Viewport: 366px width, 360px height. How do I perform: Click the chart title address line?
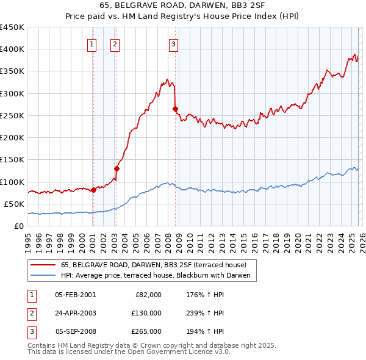pyautogui.click(x=183, y=5)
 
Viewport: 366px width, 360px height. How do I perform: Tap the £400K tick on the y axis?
pyautogui.click(x=12, y=49)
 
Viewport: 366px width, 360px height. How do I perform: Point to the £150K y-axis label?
pyautogui.click(x=12, y=160)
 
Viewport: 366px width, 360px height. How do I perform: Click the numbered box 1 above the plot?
pyautogui.click(x=91, y=43)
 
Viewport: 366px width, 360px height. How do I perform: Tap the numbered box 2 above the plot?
pyautogui.click(x=115, y=43)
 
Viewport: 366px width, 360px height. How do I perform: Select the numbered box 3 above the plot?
pyautogui.click(x=173, y=43)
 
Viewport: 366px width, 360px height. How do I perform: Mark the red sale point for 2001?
pyautogui.click(x=93, y=190)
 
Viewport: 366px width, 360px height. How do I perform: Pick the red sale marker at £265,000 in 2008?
pyautogui.click(x=175, y=109)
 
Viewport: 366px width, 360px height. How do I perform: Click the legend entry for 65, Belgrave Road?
pyautogui.click(x=153, y=265)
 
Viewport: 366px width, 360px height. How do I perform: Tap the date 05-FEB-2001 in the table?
pyautogui.click(x=75, y=295)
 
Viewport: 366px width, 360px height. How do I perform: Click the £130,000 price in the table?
pyautogui.click(x=146, y=313)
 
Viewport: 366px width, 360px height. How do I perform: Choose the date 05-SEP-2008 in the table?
pyautogui.click(x=75, y=331)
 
